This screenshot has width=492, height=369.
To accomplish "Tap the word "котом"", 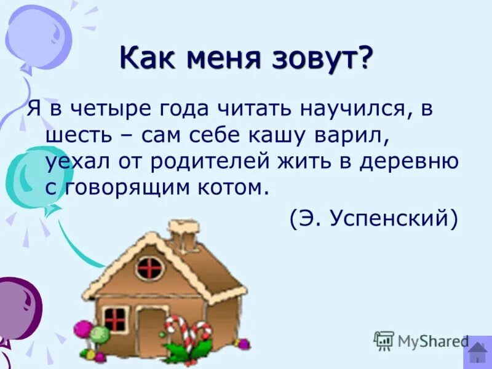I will point(235,187).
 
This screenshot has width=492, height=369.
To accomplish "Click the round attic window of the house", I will point(149,268).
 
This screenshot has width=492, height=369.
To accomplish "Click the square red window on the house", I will point(115,319).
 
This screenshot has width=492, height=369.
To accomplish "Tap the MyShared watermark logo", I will point(421,340).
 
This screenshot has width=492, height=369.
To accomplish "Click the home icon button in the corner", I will point(478,352).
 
